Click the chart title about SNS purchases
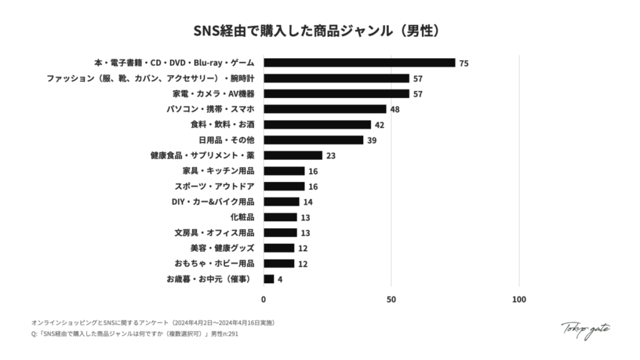[x=319, y=29]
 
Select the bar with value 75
[x=359, y=62]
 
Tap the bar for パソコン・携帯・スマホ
[x=325, y=109]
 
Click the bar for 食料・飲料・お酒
[x=317, y=124]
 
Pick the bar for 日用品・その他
[x=313, y=140]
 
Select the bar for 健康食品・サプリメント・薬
[x=292, y=155]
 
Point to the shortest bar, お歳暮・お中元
[x=269, y=279]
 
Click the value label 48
[x=394, y=109]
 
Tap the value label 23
[x=331, y=156]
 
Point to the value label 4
[x=279, y=279]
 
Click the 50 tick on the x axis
[x=391, y=299]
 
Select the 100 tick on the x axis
[x=519, y=299]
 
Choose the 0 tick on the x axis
[x=264, y=299]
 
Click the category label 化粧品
[x=242, y=217]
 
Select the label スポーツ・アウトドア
[x=214, y=186]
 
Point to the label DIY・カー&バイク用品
[x=212, y=202]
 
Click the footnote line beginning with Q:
[x=134, y=334]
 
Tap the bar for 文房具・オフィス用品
[x=280, y=232]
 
